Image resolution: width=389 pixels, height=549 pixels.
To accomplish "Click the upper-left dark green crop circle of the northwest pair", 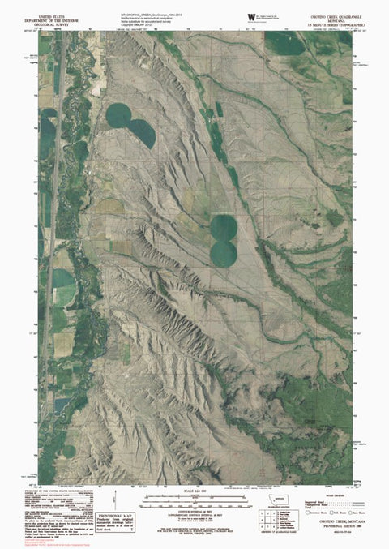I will click(x=121, y=115).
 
